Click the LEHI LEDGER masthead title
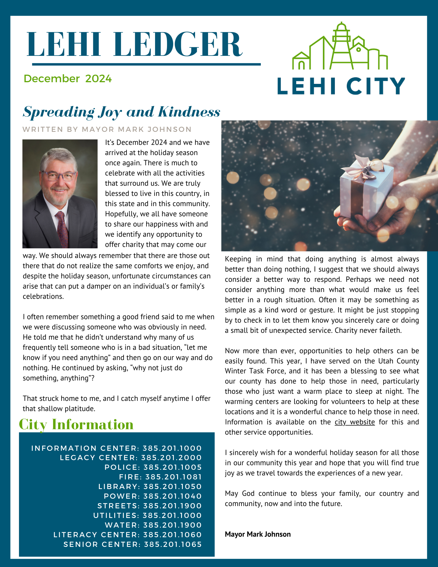[135, 45]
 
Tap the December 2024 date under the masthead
[68, 79]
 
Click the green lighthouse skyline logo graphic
[340, 47]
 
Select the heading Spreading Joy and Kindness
[121, 112]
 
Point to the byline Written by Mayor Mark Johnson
[107, 129]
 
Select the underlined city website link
[355, 422]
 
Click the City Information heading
[76, 424]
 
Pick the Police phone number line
[153, 467]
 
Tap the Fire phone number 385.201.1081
[173, 477]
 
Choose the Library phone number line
[150, 486]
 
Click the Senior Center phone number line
[132, 544]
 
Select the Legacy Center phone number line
[131, 458]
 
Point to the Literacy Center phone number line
[128, 535]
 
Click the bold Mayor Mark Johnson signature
[258, 534]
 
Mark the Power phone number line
[153, 496]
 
